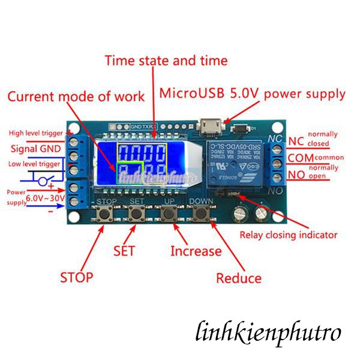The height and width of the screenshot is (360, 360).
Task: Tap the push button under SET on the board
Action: [x=137, y=214]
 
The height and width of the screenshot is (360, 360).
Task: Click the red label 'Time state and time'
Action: [x=166, y=61]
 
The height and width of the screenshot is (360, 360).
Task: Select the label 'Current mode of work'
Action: [x=76, y=96]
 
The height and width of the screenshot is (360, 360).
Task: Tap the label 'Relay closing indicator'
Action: [x=287, y=235]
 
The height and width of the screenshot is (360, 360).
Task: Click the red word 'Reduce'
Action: [x=239, y=278]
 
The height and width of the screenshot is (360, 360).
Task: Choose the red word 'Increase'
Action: [x=196, y=251]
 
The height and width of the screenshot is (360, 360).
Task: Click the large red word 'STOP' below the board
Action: [x=76, y=277]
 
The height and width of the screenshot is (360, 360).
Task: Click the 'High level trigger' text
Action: [x=36, y=133]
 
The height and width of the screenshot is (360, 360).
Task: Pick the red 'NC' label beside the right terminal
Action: [x=296, y=142]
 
